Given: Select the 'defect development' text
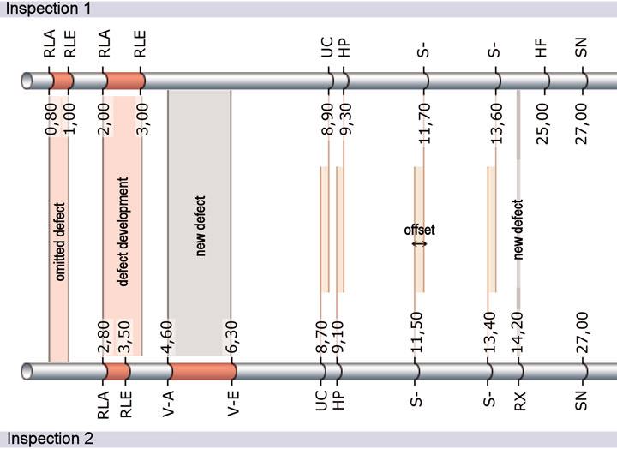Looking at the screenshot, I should click(x=123, y=231).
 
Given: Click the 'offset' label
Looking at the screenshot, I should click(x=419, y=230).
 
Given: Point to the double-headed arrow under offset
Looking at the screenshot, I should click(x=419, y=243).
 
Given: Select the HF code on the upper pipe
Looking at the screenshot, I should click(x=541, y=48).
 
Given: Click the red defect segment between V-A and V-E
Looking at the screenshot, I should click(x=201, y=371).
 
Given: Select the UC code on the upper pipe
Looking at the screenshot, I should click(x=326, y=48).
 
